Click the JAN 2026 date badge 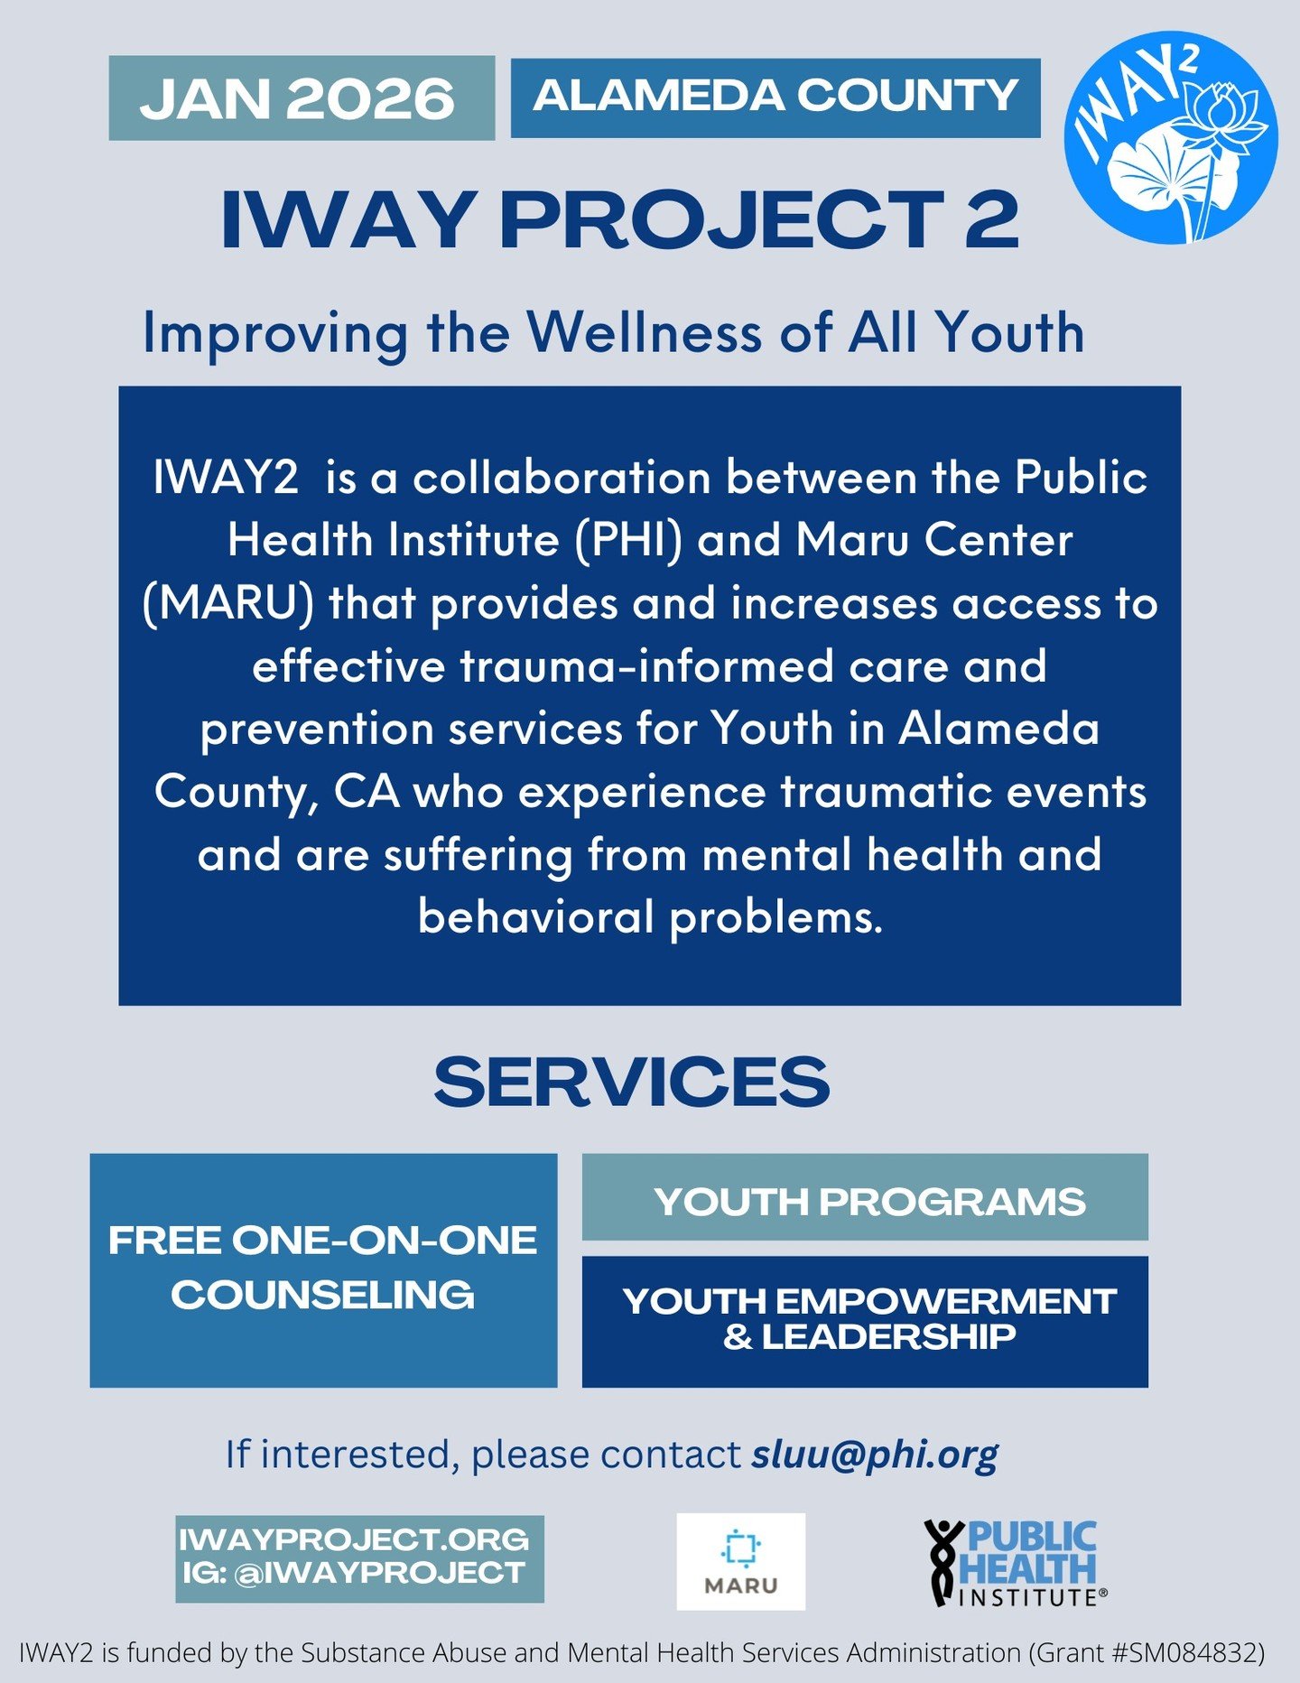(302, 98)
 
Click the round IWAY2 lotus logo (1171, 137)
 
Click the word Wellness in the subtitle (645, 332)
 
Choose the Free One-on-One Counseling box (323, 1269)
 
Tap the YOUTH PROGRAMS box (865, 1201)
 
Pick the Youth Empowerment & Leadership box (865, 1321)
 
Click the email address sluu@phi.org (875, 1454)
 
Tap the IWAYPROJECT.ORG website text (354, 1539)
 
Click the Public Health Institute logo (1016, 1562)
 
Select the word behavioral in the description (535, 917)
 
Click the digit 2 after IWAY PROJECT (991, 219)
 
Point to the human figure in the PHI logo (942, 1562)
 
